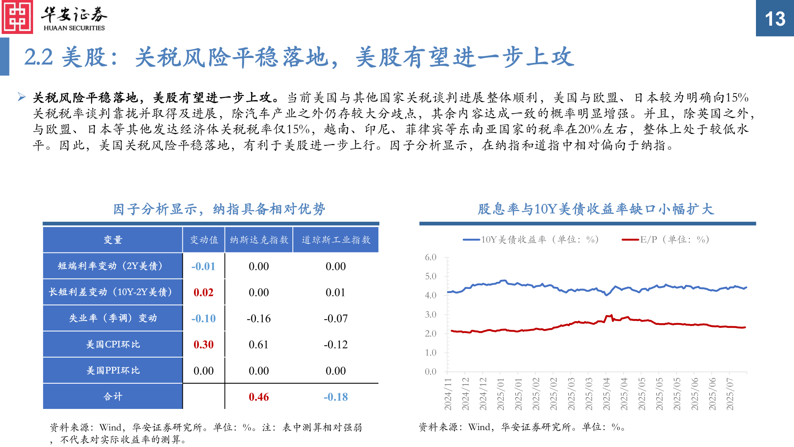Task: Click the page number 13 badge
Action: [775, 19]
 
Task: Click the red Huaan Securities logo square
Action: [17, 17]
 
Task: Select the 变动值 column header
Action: [204, 240]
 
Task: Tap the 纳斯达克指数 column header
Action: [259, 240]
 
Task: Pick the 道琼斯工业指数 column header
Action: [336, 240]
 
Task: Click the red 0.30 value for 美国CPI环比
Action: [203, 344]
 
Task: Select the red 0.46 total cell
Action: [259, 397]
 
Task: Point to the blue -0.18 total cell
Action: [335, 397]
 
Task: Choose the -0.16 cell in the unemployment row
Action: [259, 318]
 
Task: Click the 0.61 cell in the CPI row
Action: [259, 344]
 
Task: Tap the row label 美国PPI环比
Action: [113, 370]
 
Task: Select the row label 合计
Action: [113, 397]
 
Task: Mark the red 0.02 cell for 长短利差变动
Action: [203, 292]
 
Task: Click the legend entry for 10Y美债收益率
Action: [531, 240]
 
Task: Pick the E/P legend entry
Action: [666, 240]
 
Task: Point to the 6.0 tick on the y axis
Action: [430, 257]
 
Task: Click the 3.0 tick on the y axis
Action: [430, 315]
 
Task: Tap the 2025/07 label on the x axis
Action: [730, 394]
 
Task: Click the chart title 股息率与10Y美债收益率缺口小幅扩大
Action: [595, 209]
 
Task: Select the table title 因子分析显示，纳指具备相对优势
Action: [219, 209]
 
